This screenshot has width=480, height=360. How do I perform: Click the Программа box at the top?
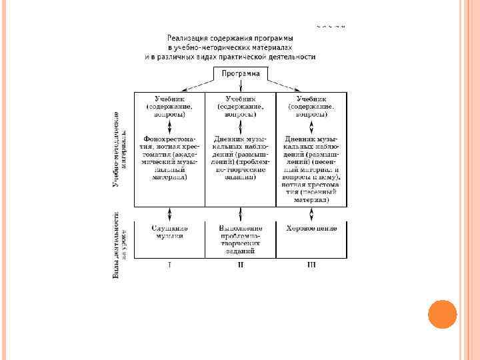click(x=241, y=73)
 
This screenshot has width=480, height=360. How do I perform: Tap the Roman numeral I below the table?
click(x=169, y=265)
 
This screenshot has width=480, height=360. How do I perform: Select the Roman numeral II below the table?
click(x=241, y=265)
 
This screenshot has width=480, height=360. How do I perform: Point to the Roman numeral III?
click(x=311, y=265)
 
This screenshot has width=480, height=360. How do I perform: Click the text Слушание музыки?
click(x=169, y=232)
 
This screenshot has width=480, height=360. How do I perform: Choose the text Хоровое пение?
click(x=311, y=228)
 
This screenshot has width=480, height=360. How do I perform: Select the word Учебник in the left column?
click(x=169, y=98)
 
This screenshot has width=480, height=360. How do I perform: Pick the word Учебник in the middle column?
click(x=241, y=98)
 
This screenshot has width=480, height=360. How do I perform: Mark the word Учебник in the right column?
click(x=311, y=98)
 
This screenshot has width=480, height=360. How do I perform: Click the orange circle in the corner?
click(x=441, y=314)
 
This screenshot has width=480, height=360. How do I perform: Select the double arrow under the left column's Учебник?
click(x=169, y=127)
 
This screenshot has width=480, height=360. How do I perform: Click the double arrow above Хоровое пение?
click(x=311, y=214)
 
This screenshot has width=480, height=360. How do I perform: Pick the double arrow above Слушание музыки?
click(x=169, y=214)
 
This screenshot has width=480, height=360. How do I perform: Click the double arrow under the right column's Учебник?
click(x=311, y=127)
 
